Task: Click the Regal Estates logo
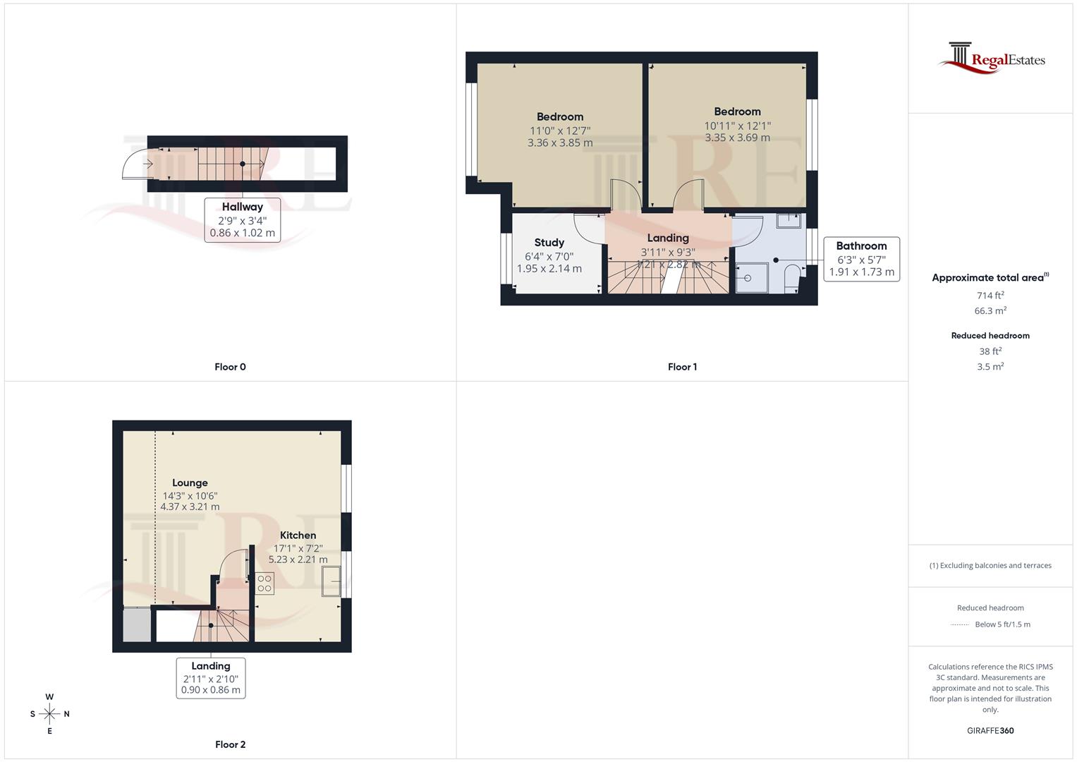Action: (991, 58)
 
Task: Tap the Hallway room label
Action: (242, 207)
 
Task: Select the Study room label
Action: (549, 243)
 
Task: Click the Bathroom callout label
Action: (861, 246)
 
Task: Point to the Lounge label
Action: (190, 483)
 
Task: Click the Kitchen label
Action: (298, 536)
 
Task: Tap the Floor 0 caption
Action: (230, 367)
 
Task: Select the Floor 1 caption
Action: (682, 367)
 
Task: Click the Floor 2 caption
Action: (230, 744)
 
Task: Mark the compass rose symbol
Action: (49, 714)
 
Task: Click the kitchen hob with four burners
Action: (264, 583)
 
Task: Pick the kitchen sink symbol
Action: (331, 582)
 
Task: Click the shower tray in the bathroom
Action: (748, 277)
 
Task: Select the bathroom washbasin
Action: (788, 220)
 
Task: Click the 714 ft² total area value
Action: (990, 296)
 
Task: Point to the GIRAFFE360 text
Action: (990, 731)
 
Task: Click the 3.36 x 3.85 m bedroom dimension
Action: (560, 143)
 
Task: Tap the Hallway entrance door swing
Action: (136, 164)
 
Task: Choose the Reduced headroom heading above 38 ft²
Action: (990, 336)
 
